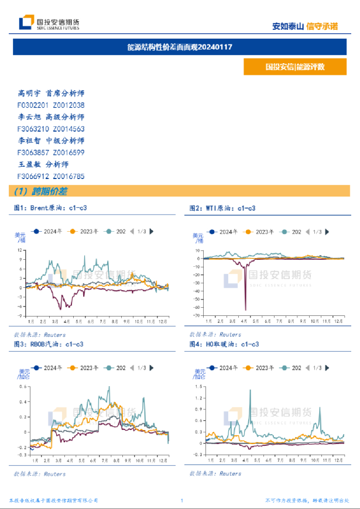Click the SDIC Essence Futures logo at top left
[49, 23]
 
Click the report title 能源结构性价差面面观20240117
[180, 47]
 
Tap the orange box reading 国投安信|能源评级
[294, 67]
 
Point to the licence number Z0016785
[68, 176]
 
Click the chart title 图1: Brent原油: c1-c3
[50, 208]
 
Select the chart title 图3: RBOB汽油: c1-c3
[50, 344]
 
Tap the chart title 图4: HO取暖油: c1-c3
[224, 344]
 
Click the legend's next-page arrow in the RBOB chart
[152, 367]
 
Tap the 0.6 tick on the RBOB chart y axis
[23, 387]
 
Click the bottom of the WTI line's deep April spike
[245, 309]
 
